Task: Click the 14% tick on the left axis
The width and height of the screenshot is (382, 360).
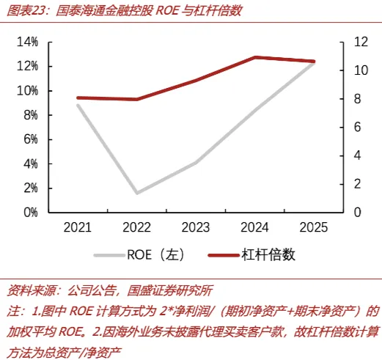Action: click(27, 42)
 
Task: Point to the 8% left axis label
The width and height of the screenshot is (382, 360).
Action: click(31, 115)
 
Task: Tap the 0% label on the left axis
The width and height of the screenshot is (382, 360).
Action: click(31, 213)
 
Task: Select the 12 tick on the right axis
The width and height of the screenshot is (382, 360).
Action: click(361, 42)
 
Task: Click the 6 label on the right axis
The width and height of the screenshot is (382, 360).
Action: click(357, 127)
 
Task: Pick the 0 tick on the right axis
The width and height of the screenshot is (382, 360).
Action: click(357, 212)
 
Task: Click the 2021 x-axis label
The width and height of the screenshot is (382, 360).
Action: click(78, 227)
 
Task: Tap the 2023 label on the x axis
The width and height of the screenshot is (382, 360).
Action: click(196, 227)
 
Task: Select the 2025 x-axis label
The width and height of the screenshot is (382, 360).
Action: click(314, 227)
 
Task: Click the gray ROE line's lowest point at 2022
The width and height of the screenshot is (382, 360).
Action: click(137, 192)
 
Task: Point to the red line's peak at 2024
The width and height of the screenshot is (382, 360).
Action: click(256, 58)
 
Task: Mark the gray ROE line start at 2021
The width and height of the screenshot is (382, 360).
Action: click(78, 106)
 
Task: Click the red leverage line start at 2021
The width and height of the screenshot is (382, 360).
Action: click(78, 98)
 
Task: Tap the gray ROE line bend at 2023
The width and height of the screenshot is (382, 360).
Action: click(196, 162)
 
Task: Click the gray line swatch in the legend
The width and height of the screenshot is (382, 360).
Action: click(109, 255)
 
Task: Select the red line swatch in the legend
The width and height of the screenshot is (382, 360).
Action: click(224, 255)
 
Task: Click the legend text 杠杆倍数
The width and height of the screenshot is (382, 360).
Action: click(268, 255)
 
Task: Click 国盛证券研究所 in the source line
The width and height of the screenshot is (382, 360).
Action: click(169, 290)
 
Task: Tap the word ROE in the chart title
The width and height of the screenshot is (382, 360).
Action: click(167, 11)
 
